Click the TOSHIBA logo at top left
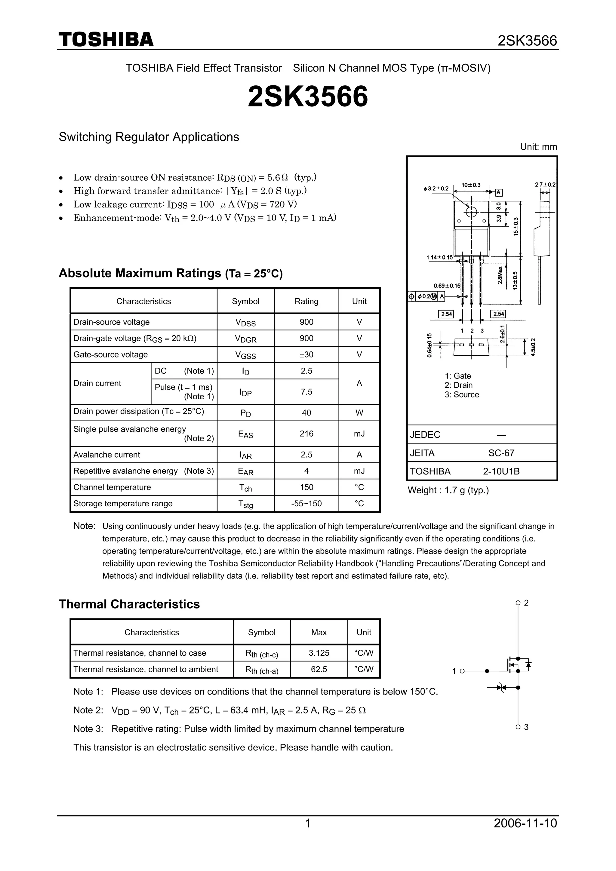pos(106,40)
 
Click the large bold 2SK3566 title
pos(308,96)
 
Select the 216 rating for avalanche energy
pos(306,434)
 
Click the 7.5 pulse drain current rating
pos(306,392)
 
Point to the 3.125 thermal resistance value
pos(319,653)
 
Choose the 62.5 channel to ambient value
pos(319,669)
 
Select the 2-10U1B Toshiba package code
pos(501,471)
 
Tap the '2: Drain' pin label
pos(458,385)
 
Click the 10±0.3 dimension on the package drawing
pos(471,185)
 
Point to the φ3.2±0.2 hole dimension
pos(436,189)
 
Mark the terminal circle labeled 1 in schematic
pos(462,671)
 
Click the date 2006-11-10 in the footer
pos(525,833)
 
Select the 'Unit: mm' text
pos(538,147)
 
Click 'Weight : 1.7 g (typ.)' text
pos(448,490)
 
